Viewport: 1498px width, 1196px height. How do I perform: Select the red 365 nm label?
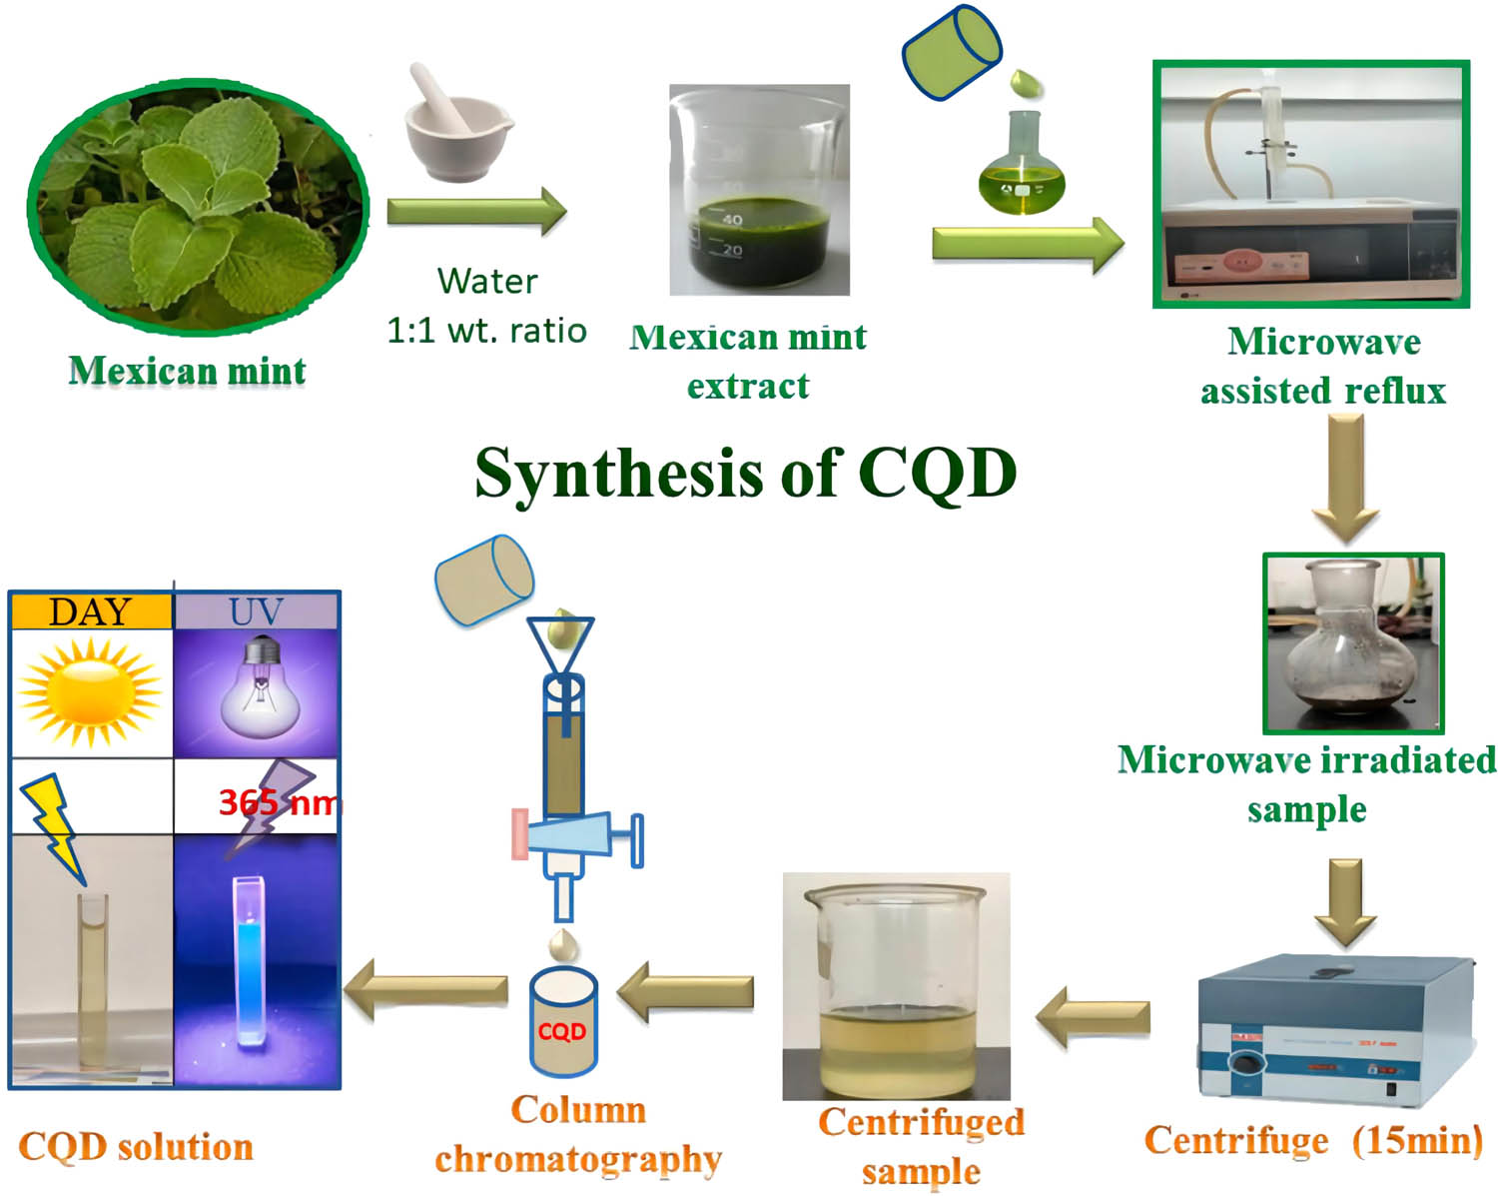click(279, 801)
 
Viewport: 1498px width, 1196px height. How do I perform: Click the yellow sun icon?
click(90, 691)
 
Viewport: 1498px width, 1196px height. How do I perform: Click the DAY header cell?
click(90, 611)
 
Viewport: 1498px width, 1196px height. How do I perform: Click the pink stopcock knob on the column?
click(520, 834)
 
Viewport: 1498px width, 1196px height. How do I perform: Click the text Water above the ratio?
click(487, 282)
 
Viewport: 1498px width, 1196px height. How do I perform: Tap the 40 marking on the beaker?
click(732, 219)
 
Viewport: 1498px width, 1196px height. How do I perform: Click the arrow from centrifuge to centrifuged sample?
click(1094, 1017)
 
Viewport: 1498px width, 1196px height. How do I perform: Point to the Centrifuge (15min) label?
click(1312, 1140)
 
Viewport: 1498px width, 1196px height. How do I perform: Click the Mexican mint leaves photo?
click(198, 205)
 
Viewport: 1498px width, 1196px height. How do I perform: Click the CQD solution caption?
click(136, 1146)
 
